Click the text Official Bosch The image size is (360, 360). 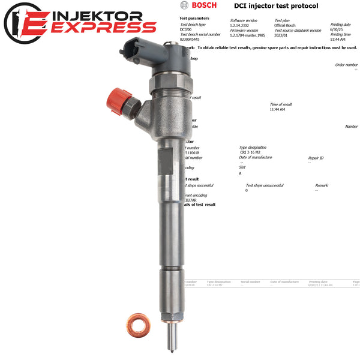287,25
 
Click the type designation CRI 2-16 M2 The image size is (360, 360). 252,152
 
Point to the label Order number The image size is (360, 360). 346,65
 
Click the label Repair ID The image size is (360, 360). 316,158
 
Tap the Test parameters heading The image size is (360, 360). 194,18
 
